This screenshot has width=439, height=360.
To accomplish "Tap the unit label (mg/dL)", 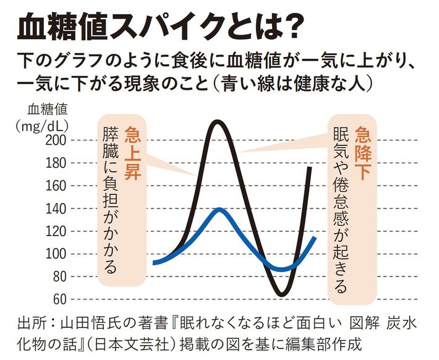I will (x=45, y=126).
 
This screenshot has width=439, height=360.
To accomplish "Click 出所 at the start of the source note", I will (x=31, y=323).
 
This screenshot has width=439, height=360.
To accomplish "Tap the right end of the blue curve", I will (x=317, y=238).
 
